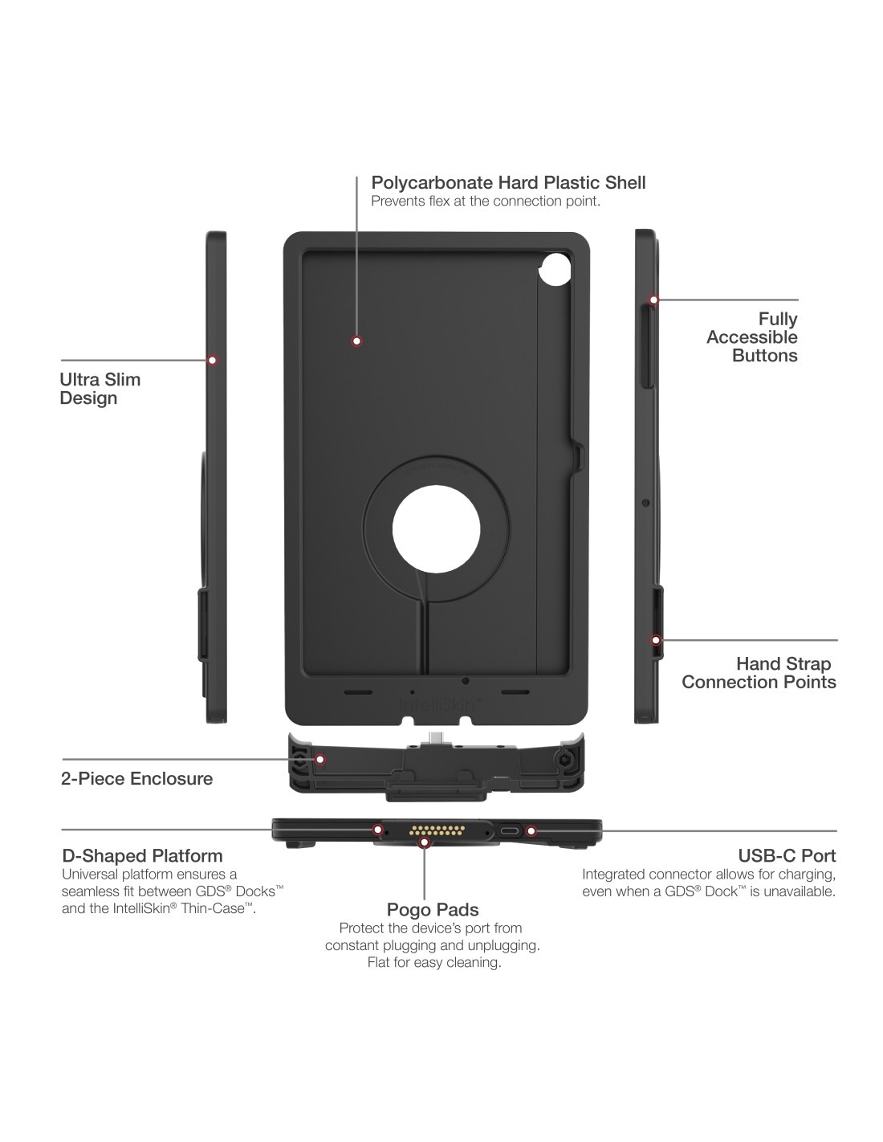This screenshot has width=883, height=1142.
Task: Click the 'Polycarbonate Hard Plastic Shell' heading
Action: [508, 183]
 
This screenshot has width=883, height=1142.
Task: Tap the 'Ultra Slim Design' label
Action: [100, 389]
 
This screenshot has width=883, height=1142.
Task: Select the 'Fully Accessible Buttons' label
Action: [752, 337]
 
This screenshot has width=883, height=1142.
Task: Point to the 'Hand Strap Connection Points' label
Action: [759, 673]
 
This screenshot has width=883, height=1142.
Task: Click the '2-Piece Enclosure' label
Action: [136, 778]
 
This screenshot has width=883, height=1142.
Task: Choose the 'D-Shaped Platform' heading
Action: [142, 856]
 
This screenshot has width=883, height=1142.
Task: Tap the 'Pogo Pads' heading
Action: [433, 910]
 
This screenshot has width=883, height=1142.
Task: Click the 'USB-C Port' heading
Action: [787, 856]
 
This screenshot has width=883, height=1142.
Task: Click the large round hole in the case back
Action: [436, 531]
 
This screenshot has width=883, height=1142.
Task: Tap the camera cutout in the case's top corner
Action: [555, 270]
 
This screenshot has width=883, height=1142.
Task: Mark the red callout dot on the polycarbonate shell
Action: [356, 341]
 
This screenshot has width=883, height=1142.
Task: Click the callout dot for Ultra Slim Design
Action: [213, 361]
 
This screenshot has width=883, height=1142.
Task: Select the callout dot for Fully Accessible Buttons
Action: [653, 300]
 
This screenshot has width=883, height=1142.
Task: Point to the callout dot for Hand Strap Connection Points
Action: [656, 640]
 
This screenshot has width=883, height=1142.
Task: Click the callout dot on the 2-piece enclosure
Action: [319, 759]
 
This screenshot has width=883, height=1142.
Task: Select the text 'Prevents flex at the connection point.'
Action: [485, 202]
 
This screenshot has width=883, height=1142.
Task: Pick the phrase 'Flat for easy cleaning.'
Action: [434, 963]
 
